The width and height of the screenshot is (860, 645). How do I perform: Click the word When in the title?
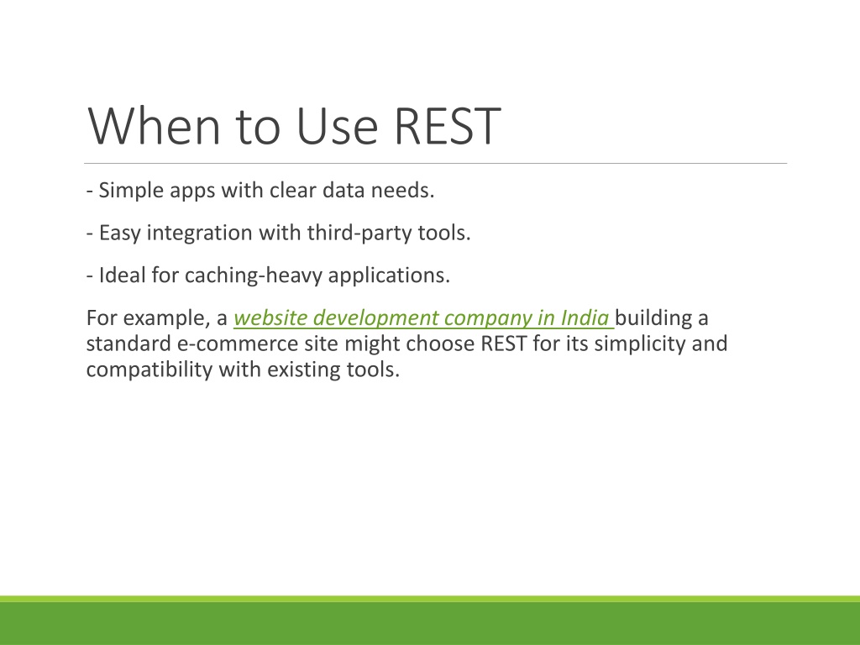155,126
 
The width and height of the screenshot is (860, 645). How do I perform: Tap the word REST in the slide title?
447,126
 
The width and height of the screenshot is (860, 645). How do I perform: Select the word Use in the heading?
337,126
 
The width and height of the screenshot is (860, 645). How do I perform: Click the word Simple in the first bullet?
131,191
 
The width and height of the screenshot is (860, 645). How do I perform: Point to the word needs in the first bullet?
402,191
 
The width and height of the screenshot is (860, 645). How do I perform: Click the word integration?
200,233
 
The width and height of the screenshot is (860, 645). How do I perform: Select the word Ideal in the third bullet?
123,275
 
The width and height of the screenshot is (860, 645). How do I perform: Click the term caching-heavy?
254,275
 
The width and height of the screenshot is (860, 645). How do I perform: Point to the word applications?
389,275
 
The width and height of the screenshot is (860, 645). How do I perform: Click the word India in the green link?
585,318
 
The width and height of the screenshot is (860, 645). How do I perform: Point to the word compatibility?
149,370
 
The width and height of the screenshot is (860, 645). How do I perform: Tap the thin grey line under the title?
436,164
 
